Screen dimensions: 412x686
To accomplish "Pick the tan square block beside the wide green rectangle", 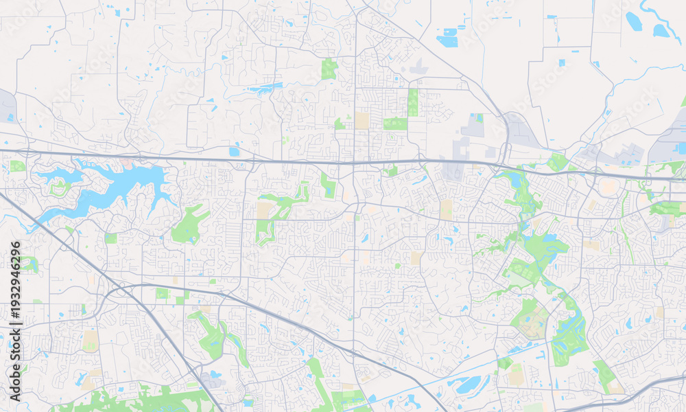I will click(362, 121).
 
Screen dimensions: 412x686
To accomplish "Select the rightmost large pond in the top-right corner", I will click(661, 30).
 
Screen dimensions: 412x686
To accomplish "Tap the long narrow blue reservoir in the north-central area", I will click(265, 88).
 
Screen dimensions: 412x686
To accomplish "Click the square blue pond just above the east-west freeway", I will click(235, 151).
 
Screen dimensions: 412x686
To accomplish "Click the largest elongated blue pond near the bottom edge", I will click(473, 385).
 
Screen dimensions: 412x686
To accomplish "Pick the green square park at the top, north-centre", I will click(330, 69).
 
